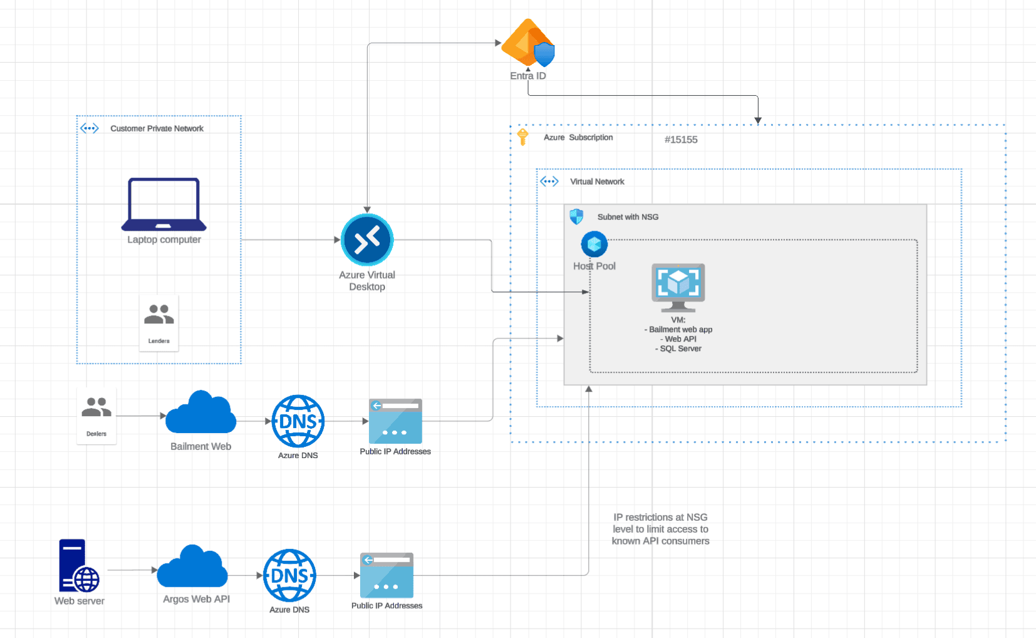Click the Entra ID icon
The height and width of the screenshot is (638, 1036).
tap(528, 43)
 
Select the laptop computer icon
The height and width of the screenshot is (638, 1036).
tap(163, 204)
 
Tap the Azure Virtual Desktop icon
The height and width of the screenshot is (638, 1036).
tap(367, 239)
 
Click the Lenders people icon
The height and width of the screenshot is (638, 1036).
tap(158, 314)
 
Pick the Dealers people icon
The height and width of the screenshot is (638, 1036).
tap(96, 407)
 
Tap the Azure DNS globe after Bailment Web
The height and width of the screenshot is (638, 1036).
tap(298, 421)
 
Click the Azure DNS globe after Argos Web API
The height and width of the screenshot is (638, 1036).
tap(289, 575)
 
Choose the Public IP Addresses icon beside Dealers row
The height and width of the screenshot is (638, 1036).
tap(395, 421)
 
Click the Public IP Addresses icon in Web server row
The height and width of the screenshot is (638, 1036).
tap(386, 575)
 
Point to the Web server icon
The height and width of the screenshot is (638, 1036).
tap(79, 565)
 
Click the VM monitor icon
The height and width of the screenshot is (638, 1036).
tap(678, 288)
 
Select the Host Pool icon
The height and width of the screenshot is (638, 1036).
tap(594, 244)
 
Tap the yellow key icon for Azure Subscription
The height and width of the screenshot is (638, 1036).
tap(522, 137)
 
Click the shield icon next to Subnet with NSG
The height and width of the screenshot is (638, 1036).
tap(576, 216)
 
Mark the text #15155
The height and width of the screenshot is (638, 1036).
tap(681, 140)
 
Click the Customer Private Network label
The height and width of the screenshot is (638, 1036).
tap(157, 128)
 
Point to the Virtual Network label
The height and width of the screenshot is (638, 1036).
tap(597, 182)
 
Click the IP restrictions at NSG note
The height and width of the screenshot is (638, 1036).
tap(660, 530)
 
